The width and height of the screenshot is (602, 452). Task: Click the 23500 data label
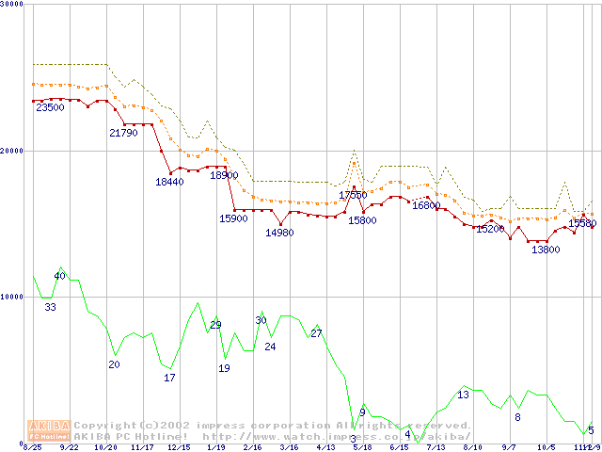point(50,108)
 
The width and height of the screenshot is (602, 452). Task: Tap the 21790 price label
point(123,134)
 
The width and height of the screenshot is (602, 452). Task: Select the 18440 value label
point(169,182)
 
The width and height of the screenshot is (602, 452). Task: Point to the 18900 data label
point(224,176)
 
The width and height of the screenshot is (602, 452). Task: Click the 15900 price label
point(233,219)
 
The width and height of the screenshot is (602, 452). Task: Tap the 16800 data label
point(426,205)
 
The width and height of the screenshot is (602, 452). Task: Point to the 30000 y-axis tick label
point(12,5)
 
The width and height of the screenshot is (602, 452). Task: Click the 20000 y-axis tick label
point(12,151)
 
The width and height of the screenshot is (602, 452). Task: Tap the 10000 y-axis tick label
point(12,297)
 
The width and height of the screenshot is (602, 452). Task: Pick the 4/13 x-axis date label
point(325,447)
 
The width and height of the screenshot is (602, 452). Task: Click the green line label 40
point(59,276)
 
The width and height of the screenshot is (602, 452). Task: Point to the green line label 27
point(316,333)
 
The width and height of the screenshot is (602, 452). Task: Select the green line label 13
point(463,395)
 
